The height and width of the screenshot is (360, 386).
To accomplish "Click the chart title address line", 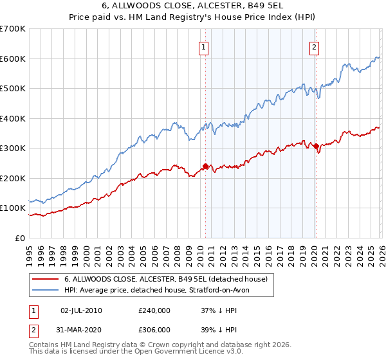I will click(x=192, y=7).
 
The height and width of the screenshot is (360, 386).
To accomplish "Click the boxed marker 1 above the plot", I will click(x=204, y=46).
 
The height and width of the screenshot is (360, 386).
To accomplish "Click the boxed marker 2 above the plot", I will click(x=314, y=46).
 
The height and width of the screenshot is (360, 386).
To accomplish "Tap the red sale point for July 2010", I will click(x=205, y=166).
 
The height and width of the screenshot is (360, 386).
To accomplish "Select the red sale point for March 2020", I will click(x=316, y=147).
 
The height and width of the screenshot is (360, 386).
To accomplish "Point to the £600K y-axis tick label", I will click(x=13, y=59).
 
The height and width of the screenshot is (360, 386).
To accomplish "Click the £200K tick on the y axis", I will click(x=13, y=178).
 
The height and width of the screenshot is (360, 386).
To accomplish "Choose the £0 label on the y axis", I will click(x=19, y=238).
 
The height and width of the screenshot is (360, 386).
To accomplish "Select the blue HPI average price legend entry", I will click(x=161, y=291).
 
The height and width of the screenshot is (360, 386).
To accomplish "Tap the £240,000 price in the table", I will click(x=154, y=310).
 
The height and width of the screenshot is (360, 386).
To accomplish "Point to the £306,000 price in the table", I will click(x=154, y=329).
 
